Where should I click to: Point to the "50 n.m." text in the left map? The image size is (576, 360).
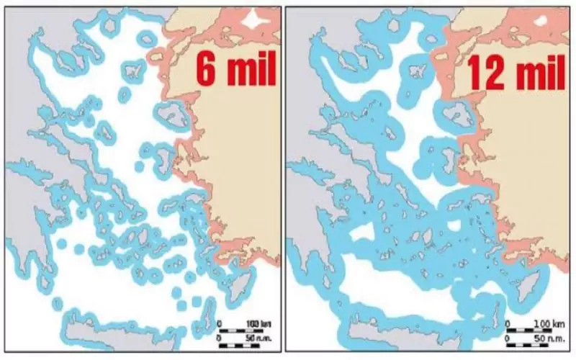pyautogui.click(x=258, y=338)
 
